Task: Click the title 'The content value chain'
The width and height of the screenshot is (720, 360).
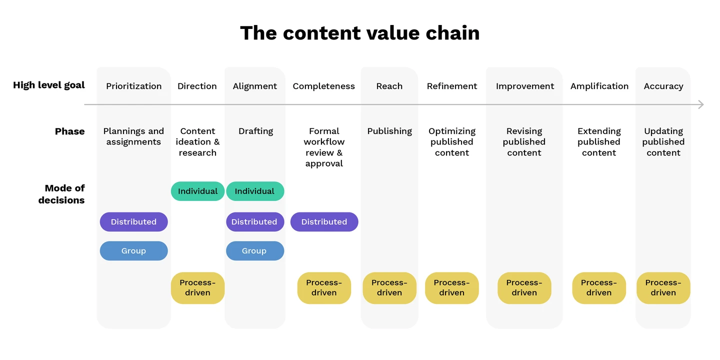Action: [x=360, y=33]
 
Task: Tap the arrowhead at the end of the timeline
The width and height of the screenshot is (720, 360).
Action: [x=700, y=104]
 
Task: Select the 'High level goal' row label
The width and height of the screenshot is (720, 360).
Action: [x=49, y=85]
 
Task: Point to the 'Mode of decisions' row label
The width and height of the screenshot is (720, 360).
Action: [x=61, y=194]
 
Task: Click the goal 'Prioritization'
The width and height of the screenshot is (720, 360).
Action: [x=133, y=86]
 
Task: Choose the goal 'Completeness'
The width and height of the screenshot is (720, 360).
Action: [x=323, y=86]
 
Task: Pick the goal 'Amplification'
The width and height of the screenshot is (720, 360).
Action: [x=599, y=86]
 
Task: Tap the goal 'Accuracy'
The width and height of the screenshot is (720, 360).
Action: [x=663, y=86]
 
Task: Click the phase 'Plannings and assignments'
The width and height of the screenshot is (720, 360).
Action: [x=133, y=136]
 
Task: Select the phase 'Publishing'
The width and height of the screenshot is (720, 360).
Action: [x=389, y=131]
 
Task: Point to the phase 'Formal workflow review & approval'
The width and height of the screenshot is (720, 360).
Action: [x=324, y=147]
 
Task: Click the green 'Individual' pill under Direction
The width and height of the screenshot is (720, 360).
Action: [x=197, y=191]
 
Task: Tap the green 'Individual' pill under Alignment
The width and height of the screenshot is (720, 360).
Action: [x=254, y=191]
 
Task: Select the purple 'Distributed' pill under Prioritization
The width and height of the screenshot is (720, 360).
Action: [x=133, y=222]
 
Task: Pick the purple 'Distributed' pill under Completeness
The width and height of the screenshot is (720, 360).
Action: [x=324, y=222]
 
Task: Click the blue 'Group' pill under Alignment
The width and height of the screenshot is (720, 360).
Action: [x=254, y=251]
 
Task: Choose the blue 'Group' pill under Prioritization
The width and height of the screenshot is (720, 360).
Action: [x=133, y=251]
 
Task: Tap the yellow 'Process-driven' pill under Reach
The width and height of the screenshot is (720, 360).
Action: [x=389, y=288]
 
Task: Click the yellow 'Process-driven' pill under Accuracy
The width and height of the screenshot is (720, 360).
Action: [x=663, y=288]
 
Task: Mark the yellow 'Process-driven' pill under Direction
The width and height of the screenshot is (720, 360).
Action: [x=197, y=288]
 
